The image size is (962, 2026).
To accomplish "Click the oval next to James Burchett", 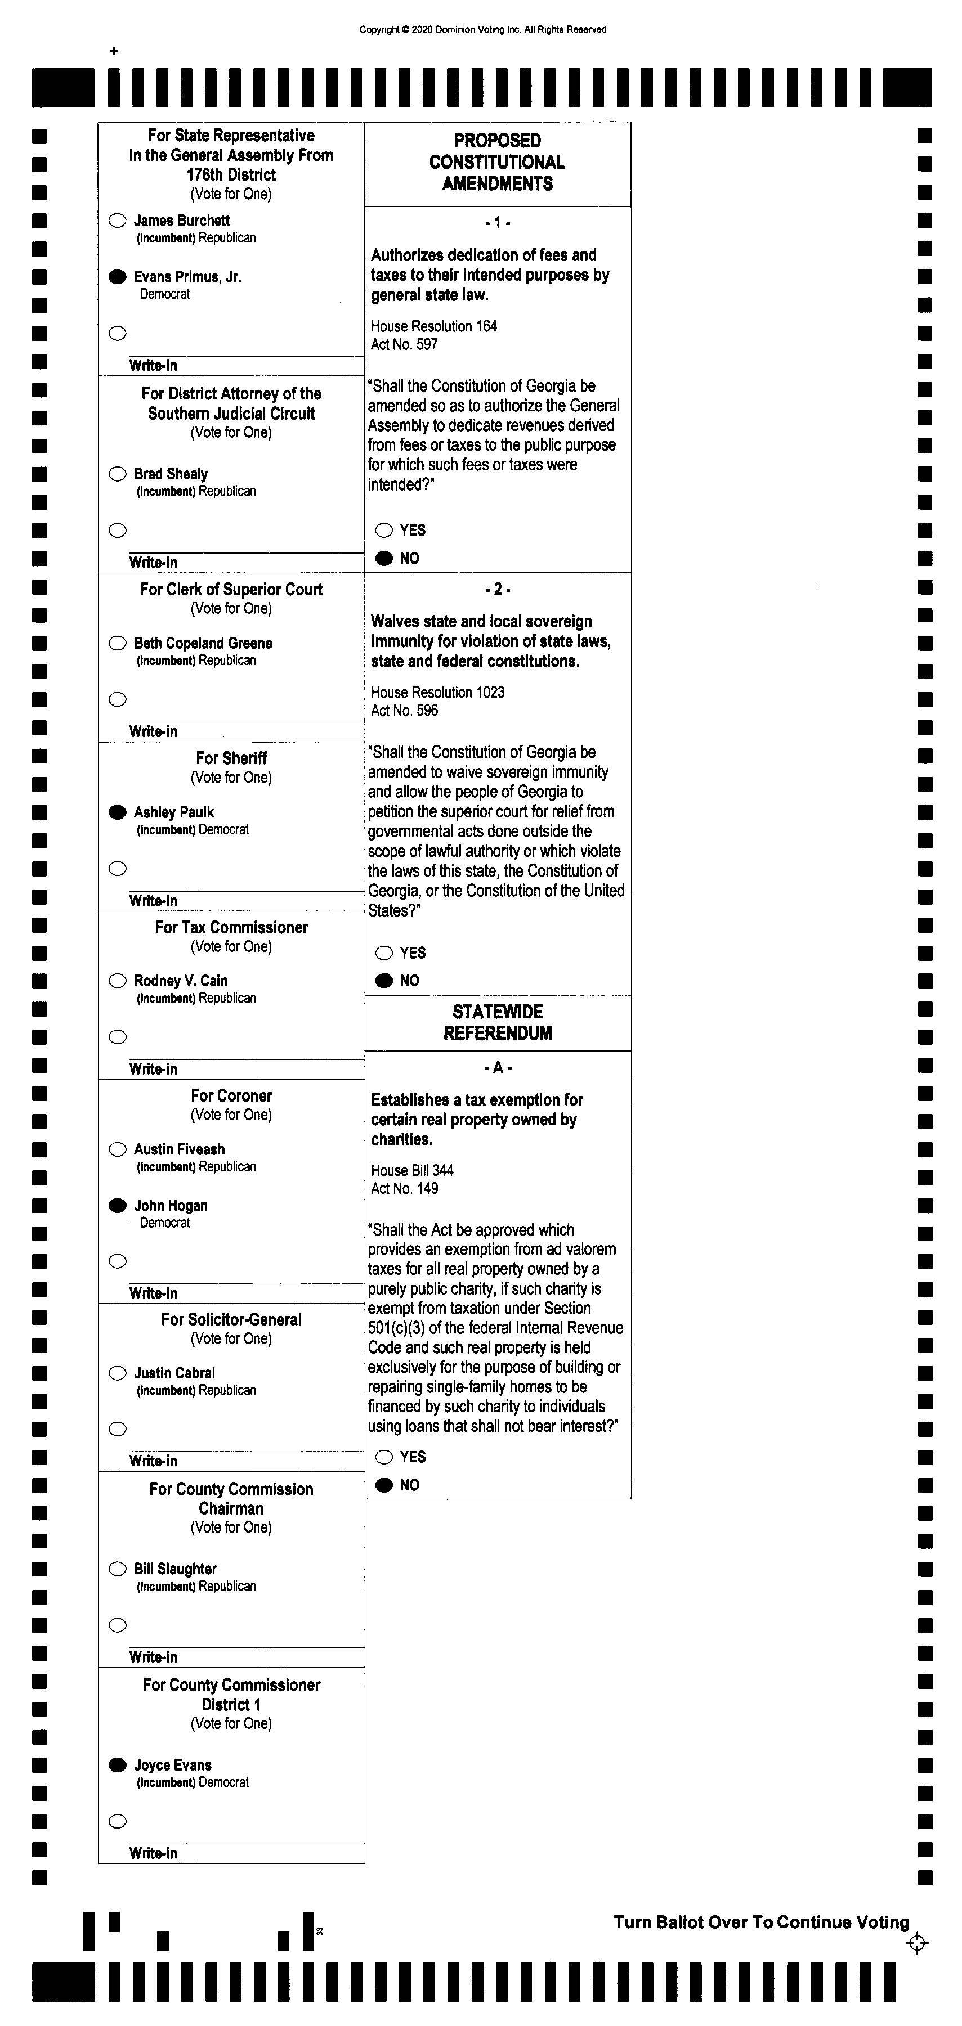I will pos(117,221).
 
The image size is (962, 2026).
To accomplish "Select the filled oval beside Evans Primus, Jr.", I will pos(117,277).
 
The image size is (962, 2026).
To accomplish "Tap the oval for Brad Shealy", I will pos(117,474).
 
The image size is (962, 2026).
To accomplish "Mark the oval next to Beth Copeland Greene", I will pos(117,643).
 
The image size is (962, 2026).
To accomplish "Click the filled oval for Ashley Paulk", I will pos(117,812).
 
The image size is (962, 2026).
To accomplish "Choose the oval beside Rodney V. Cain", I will pos(117,981).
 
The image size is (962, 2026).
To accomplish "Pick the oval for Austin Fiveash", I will pos(117,1150).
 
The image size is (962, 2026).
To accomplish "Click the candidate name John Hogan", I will pos(171,1206).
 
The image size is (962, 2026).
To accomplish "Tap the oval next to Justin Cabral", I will pos(117,1373).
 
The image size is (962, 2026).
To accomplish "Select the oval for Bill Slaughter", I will pos(117,1569).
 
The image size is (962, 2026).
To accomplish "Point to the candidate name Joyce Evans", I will pos(172,1765).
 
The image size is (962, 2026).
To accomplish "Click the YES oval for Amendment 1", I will pos(384,530).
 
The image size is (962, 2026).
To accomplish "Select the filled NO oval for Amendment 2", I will pos(384,981).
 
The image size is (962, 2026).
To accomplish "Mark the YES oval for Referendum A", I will pos(384,1457).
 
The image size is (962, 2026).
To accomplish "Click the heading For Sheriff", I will pos(231,758).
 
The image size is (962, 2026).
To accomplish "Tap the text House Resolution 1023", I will pos(437,692).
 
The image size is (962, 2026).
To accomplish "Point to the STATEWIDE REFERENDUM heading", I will pos(497,1022).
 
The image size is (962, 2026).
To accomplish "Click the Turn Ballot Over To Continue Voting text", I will pos(760,1922).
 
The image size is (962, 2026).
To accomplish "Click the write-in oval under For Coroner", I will pos(117,1261).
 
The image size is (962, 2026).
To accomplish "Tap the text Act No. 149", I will pos(404,1188).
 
